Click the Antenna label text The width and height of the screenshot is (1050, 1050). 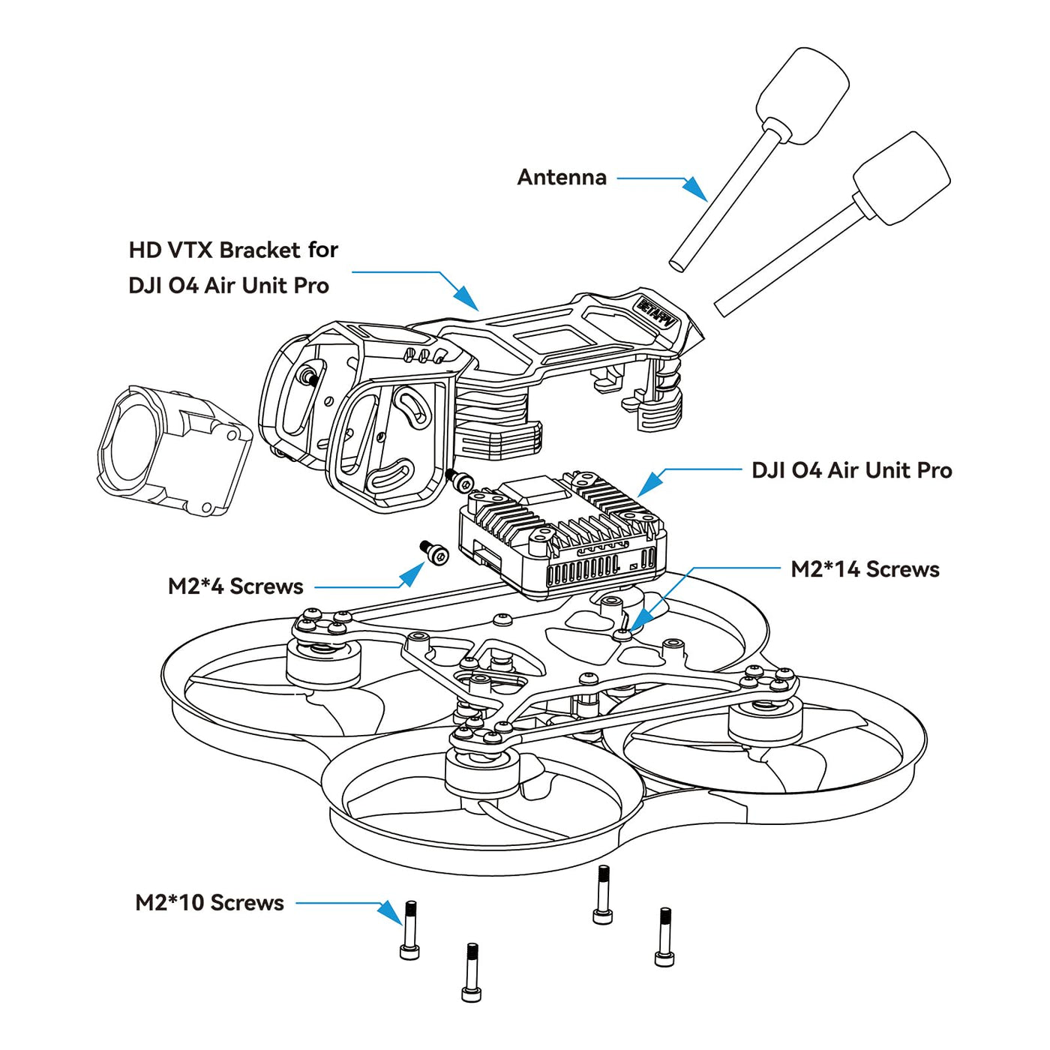click(x=562, y=178)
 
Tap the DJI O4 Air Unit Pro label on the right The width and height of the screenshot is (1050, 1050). click(x=851, y=470)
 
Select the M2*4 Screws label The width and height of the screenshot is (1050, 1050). click(x=235, y=586)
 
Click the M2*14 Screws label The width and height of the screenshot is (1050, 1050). click(x=865, y=569)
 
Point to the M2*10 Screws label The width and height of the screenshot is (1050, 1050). click(x=209, y=902)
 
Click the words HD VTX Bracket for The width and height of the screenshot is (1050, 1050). click(x=233, y=250)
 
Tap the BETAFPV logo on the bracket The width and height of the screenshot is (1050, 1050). click(x=656, y=314)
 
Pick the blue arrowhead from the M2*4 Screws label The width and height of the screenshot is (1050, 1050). click(x=412, y=574)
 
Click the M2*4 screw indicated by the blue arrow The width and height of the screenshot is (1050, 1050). click(x=434, y=553)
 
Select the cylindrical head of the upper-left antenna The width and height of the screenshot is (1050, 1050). click(x=802, y=95)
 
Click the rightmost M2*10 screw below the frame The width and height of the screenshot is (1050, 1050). click(x=664, y=937)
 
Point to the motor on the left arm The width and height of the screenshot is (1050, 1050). click(x=323, y=660)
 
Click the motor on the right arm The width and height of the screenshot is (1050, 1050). click(x=765, y=720)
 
